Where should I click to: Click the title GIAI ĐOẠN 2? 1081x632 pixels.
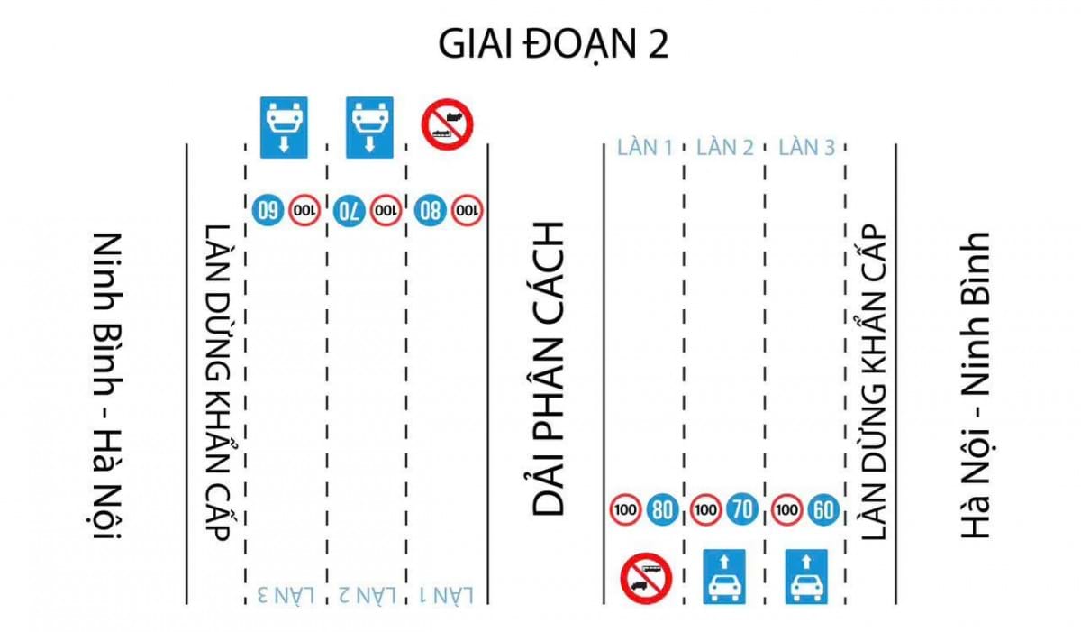pyautogui.click(x=553, y=44)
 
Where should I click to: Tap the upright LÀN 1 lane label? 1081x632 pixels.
pyautogui.click(x=645, y=147)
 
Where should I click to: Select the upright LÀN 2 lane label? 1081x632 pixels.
pyautogui.click(x=725, y=147)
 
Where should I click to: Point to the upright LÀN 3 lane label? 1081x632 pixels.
pyautogui.click(x=806, y=147)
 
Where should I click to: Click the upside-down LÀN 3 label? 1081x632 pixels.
pyautogui.click(x=286, y=595)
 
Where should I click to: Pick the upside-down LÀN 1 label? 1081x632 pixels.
pyautogui.click(x=447, y=595)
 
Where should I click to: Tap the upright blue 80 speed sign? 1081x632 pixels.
pyautogui.click(x=662, y=509)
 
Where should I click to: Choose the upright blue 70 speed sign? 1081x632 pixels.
pyautogui.click(x=742, y=509)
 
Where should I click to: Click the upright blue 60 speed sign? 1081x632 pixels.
pyautogui.click(x=823, y=509)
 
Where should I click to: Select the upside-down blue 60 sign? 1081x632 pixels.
pyautogui.click(x=268, y=210)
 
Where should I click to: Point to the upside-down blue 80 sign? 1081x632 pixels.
pyautogui.click(x=430, y=210)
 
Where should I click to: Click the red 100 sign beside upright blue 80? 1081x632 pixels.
pyautogui.click(x=625, y=509)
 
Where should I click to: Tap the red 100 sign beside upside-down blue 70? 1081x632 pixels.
pyautogui.click(x=386, y=210)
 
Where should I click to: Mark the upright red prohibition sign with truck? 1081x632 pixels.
pyautogui.click(x=646, y=579)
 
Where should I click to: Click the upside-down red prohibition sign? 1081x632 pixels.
pyautogui.click(x=448, y=124)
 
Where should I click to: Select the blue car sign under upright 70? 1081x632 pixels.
pyautogui.click(x=724, y=576)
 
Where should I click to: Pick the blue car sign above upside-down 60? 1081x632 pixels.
pyautogui.click(x=284, y=127)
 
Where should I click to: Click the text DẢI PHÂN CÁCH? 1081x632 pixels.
pyautogui.click(x=548, y=370)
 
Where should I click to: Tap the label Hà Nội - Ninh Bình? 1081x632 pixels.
pyautogui.click(x=975, y=385)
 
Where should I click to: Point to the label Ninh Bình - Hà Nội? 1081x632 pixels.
pyautogui.click(x=106, y=386)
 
